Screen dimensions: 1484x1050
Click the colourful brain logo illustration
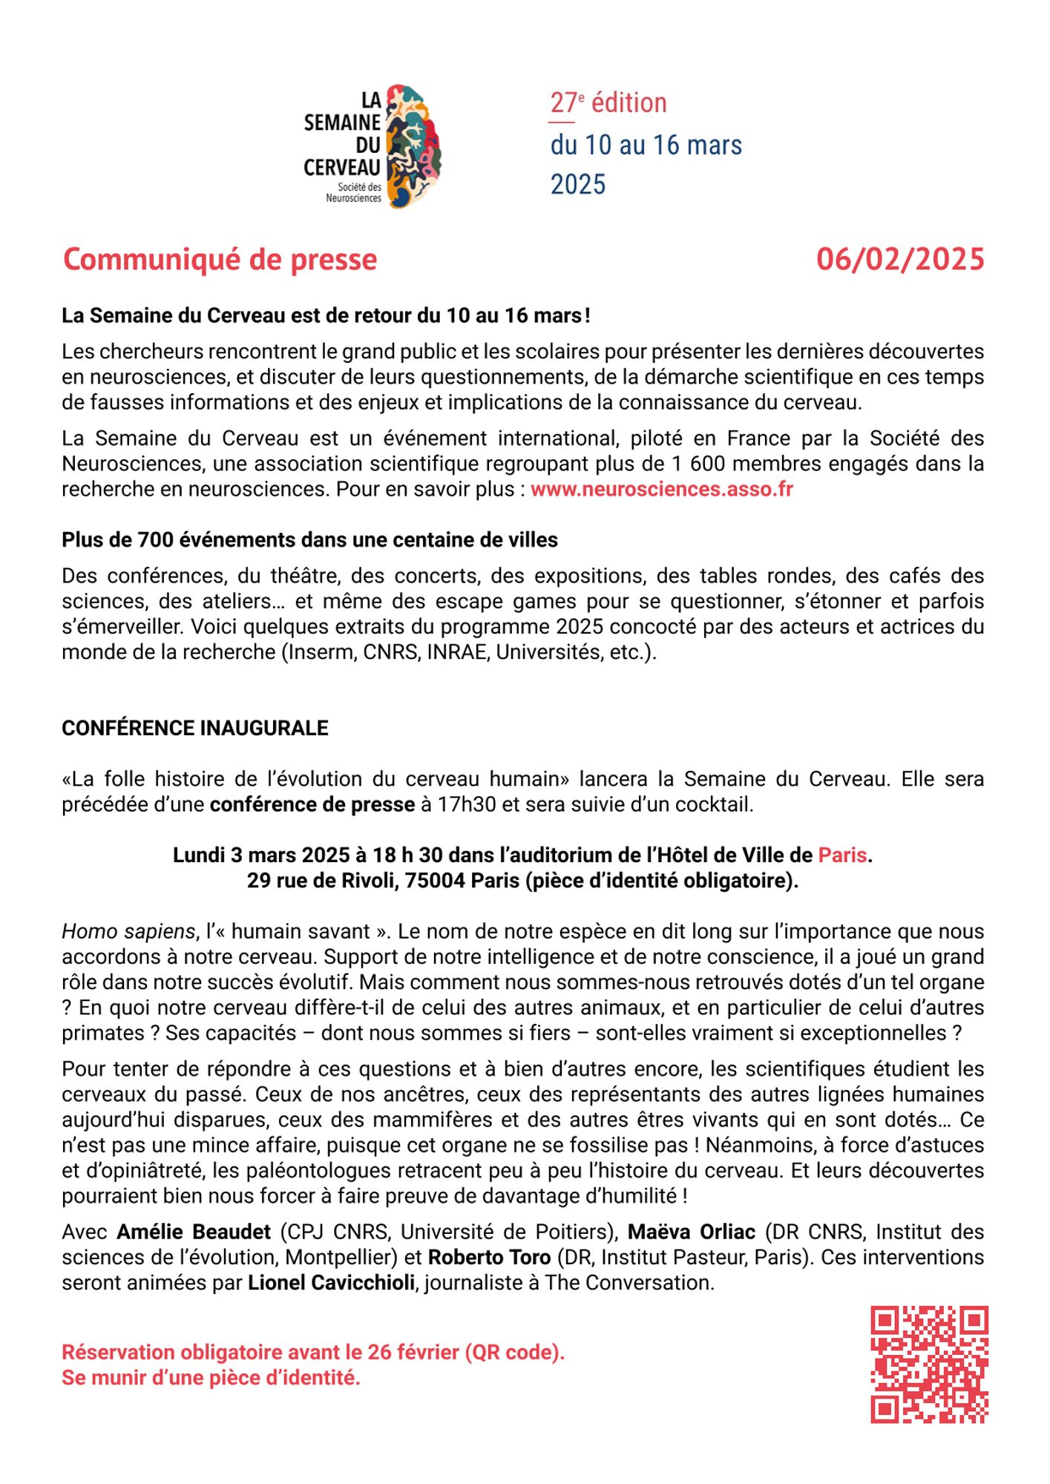pos(413,146)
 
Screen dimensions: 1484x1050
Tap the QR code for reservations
pos(929,1365)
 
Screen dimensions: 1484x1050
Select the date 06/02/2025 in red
pos(900,260)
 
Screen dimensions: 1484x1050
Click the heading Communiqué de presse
pos(220,260)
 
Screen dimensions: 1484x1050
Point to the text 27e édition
pos(608,103)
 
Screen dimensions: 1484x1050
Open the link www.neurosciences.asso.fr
pos(661,490)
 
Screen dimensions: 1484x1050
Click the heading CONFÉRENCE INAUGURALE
pos(194,728)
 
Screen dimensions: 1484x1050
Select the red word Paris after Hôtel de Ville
pos(842,855)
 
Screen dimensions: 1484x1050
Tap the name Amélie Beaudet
pos(194,1232)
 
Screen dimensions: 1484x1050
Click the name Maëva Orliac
pos(691,1232)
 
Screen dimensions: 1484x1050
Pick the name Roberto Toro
pos(489,1258)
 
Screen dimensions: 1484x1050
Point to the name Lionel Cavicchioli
pos(331,1283)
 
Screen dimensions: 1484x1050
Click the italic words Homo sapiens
pos(128,931)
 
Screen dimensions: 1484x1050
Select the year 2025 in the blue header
pos(578,184)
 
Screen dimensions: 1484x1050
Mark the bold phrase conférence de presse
pos(312,805)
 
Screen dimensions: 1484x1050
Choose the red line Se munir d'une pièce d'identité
pos(211,1378)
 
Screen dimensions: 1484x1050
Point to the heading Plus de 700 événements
pos(309,540)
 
